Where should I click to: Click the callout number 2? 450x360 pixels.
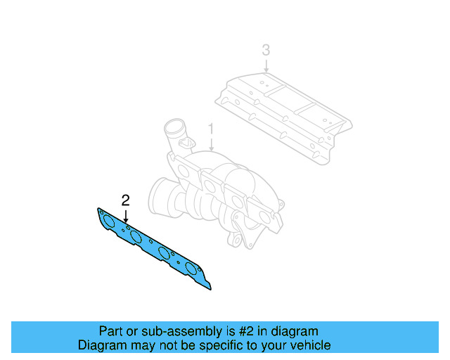[126, 200]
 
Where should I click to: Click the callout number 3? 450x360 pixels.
[265, 50]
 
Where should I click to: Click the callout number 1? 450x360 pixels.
[210, 129]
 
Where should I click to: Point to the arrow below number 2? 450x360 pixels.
[126, 216]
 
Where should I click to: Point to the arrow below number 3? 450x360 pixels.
[265, 64]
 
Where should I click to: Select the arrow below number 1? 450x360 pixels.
[210, 145]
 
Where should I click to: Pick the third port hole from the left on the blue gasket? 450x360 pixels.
[165, 253]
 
